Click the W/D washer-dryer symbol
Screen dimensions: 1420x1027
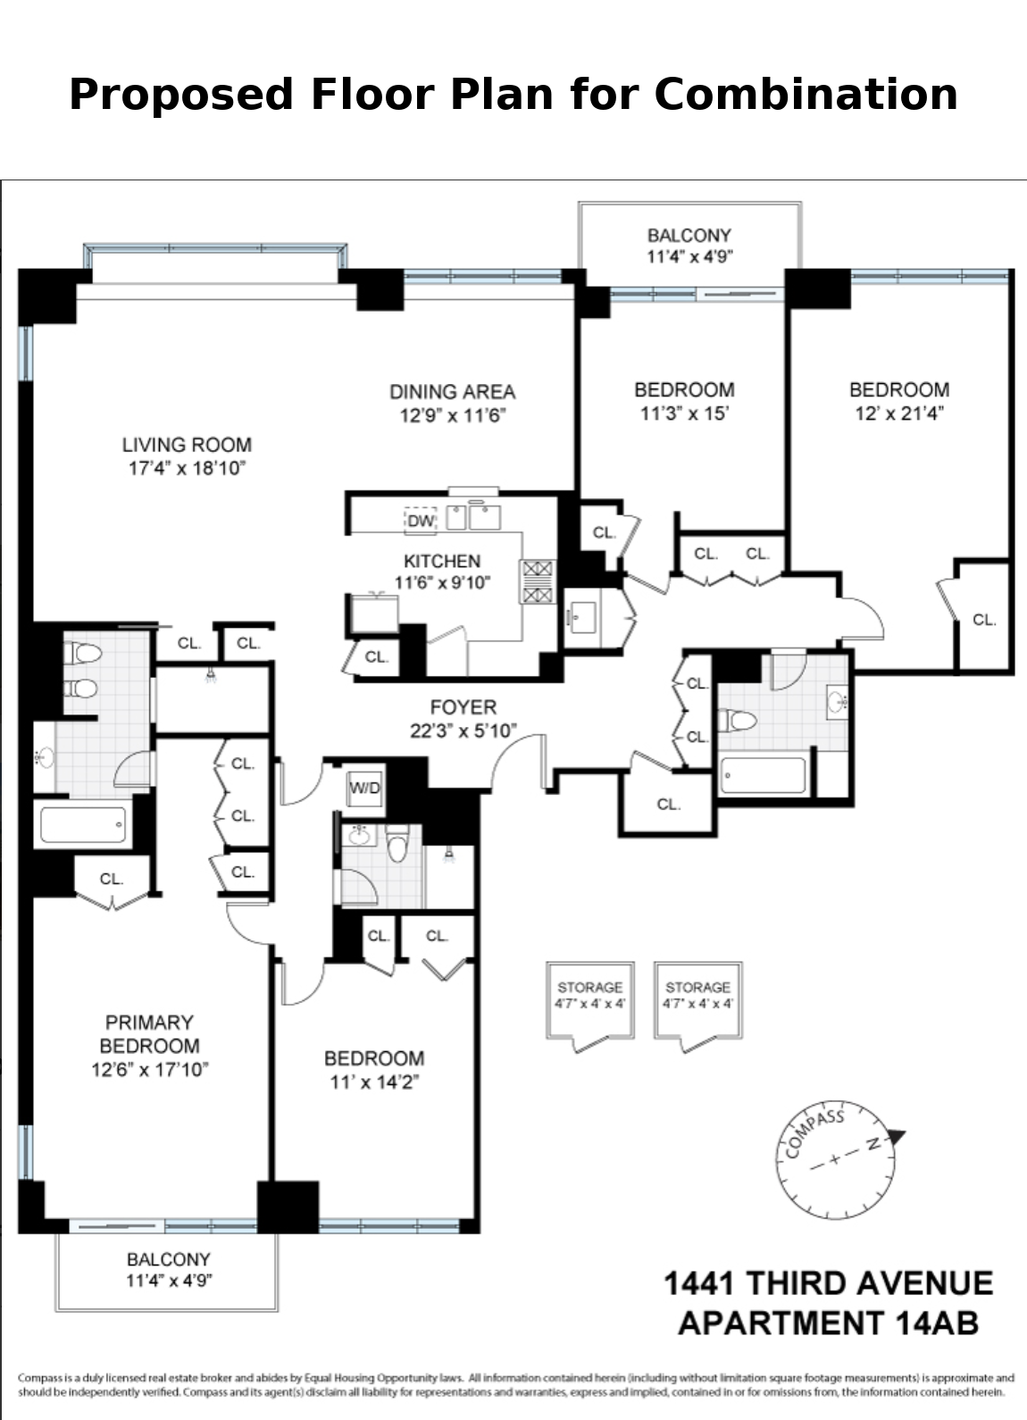coord(364,788)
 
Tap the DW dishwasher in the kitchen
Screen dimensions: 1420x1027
coord(420,520)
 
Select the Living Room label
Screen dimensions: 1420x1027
coord(187,445)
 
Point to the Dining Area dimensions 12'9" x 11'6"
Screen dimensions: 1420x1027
coord(453,415)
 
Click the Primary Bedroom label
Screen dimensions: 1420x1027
coord(149,1034)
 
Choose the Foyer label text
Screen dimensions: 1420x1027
coord(463,707)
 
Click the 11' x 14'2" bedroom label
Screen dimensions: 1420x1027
coord(373,1070)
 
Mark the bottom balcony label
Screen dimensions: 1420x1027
coord(168,1270)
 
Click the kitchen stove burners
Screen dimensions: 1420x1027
coord(538,581)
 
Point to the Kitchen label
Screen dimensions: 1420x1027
coord(442,561)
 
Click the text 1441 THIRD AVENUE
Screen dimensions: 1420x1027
coord(828,1283)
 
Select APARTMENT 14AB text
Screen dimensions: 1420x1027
coord(828,1322)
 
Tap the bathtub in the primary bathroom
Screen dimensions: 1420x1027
coord(83,825)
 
